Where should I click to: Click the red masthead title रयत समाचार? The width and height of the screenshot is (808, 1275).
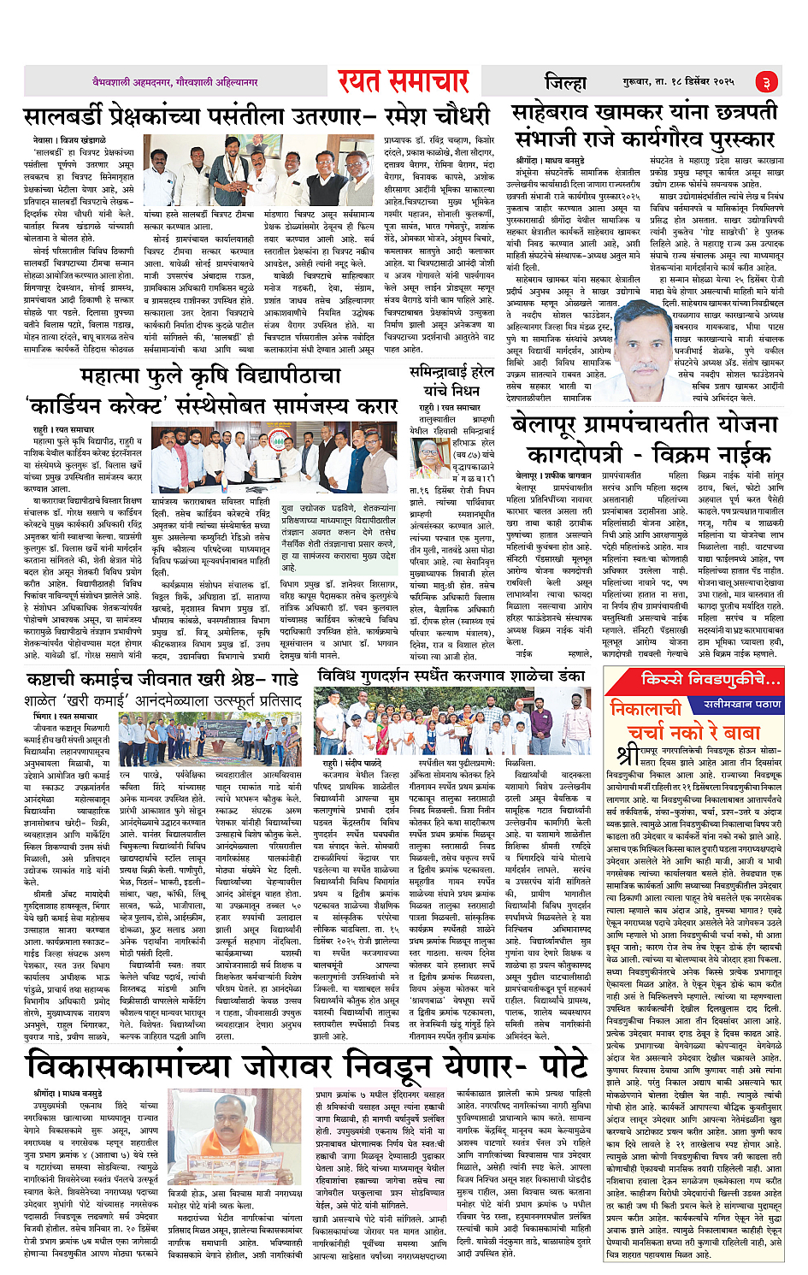pos(403,81)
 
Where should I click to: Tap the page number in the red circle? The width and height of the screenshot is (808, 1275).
pos(766,82)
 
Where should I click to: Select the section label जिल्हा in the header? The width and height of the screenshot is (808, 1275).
pos(565,82)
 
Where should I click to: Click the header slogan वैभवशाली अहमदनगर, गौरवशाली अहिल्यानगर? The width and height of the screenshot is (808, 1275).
pos(175,82)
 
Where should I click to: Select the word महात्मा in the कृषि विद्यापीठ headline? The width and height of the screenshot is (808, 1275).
pos(121,376)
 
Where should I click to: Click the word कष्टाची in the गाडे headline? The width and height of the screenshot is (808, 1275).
pos(64,680)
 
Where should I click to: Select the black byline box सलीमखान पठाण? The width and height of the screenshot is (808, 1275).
pos(742,704)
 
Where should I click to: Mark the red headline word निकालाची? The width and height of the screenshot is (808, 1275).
pos(646,708)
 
